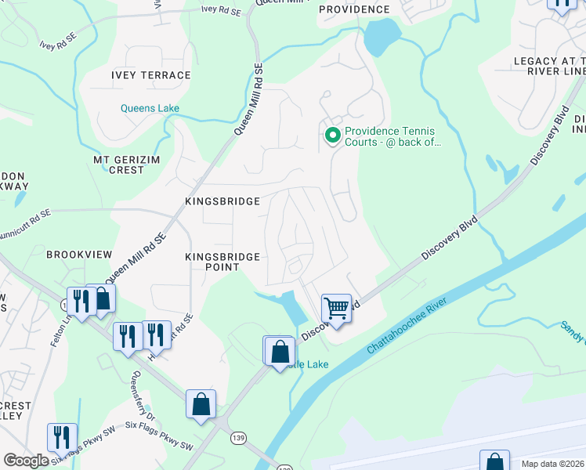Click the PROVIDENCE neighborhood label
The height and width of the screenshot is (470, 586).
(354, 9)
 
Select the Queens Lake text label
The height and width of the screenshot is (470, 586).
(150, 108)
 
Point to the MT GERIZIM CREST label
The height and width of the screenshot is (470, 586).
(119, 164)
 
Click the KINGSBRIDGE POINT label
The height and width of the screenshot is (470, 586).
(222, 262)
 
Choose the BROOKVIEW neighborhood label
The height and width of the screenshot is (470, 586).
(79, 255)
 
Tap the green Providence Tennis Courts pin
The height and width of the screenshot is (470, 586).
(332, 136)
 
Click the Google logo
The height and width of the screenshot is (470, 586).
(26, 460)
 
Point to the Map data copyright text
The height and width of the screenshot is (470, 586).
(552, 464)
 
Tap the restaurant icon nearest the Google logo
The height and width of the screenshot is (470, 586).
(61, 436)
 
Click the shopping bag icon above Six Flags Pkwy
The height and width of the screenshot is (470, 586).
(201, 404)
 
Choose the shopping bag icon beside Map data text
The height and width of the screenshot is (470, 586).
(494, 461)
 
